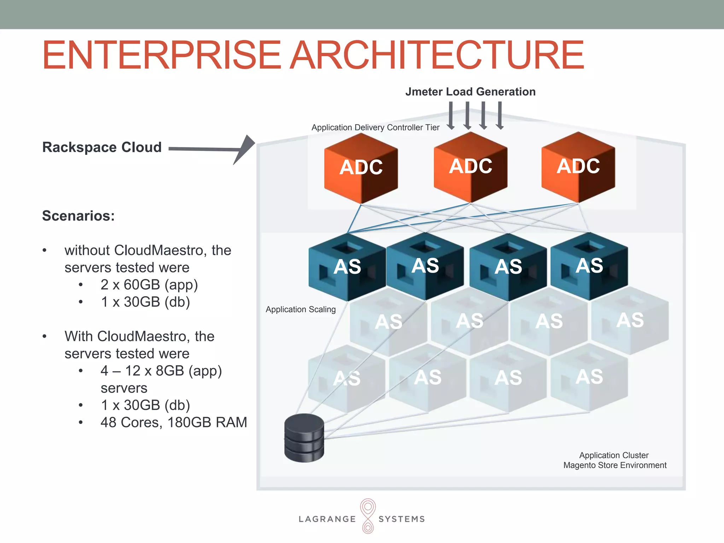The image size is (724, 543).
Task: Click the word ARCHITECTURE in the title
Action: (x=437, y=56)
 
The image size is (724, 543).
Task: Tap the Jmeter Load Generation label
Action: (x=470, y=92)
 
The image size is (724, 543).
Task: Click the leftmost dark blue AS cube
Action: (x=347, y=267)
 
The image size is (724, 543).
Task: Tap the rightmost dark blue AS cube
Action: (x=589, y=266)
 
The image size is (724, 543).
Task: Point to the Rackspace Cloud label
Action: (x=102, y=147)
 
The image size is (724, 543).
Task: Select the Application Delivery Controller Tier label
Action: (x=375, y=128)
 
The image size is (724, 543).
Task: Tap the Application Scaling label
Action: (x=300, y=310)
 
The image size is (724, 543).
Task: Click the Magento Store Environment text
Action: (x=615, y=466)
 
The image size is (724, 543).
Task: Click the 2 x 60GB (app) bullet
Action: (x=149, y=285)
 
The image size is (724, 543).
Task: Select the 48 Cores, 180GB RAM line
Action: (x=174, y=422)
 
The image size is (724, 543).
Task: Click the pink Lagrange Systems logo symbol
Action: (x=368, y=516)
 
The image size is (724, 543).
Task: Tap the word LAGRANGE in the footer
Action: (x=327, y=519)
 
